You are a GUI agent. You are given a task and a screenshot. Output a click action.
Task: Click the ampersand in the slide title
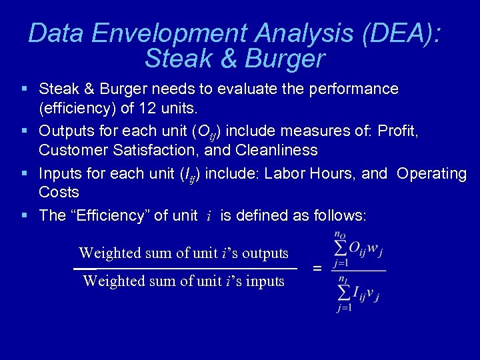(227, 59)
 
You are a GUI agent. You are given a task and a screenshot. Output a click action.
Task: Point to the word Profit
(398, 131)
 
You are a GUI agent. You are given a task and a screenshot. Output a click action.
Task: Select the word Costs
(59, 193)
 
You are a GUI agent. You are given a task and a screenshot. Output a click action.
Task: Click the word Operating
(431, 174)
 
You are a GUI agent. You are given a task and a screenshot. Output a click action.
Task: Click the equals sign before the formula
(317, 268)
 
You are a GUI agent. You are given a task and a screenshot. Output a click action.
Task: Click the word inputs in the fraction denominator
(265, 281)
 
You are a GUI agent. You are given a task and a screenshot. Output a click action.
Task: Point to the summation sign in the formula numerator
(340, 249)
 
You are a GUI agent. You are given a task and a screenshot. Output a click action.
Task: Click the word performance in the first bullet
(353, 89)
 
